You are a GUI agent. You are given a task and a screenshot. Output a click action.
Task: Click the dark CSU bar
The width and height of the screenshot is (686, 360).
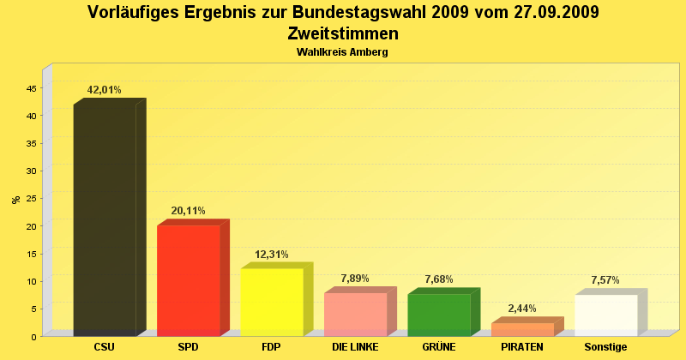click(105, 219)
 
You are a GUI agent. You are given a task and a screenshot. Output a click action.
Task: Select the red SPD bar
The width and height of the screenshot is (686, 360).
click(189, 279)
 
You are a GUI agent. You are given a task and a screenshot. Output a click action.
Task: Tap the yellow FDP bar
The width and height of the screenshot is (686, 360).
click(272, 301)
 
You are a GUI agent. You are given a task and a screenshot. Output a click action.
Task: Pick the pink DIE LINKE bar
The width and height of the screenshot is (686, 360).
click(355, 314)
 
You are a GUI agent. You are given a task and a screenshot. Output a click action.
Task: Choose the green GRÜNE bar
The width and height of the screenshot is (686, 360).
click(438, 315)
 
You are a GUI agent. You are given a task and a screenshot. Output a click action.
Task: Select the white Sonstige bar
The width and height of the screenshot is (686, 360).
click(605, 315)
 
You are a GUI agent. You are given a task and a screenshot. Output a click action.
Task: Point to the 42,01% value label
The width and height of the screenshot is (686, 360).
click(105, 90)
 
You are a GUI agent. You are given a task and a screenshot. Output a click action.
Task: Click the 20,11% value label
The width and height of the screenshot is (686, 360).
click(188, 211)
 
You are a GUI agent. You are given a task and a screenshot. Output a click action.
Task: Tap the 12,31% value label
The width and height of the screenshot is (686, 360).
click(272, 255)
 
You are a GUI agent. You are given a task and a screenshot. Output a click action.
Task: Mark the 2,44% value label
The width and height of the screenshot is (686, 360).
click(522, 309)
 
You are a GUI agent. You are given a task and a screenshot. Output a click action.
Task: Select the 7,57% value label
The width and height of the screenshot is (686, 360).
click(605, 280)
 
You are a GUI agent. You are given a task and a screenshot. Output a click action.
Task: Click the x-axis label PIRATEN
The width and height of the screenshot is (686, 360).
click(522, 347)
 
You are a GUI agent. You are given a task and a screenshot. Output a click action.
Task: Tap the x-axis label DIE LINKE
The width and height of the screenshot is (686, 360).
click(355, 347)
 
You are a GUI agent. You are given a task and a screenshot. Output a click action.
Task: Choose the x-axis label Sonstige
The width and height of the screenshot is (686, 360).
click(605, 347)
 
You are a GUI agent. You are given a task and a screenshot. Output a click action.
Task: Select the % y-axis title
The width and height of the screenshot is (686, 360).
click(15, 200)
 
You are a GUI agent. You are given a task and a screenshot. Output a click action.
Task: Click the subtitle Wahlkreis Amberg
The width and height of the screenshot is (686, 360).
click(342, 52)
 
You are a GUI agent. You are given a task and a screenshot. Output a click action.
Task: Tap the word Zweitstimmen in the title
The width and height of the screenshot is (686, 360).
click(342, 34)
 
